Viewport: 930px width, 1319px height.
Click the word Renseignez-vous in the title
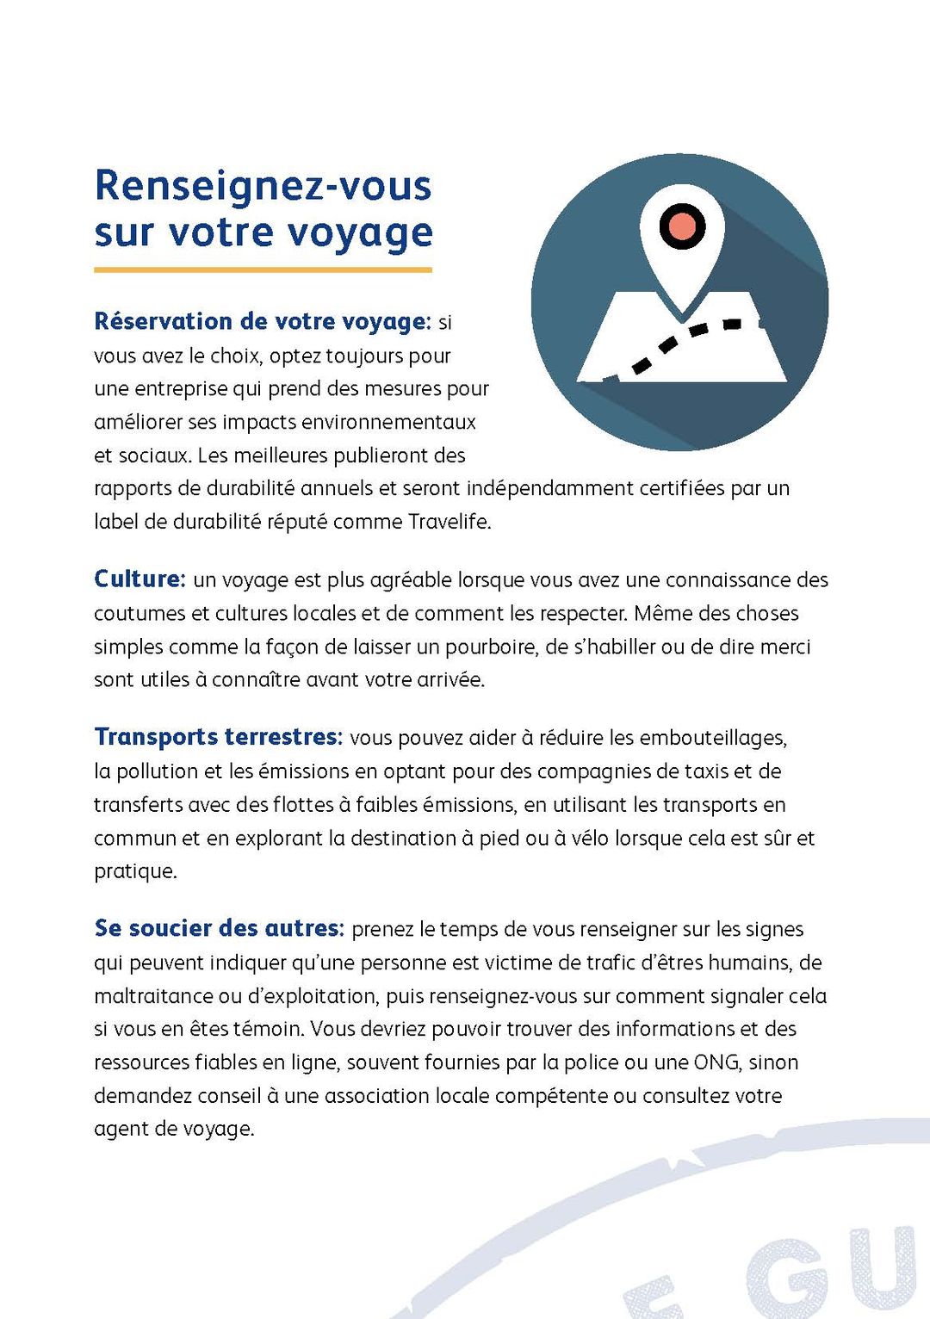(x=263, y=185)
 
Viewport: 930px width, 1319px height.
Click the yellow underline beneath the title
(x=263, y=269)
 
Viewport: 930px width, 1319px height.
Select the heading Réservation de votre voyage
(x=260, y=321)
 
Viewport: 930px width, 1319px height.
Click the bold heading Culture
(x=138, y=579)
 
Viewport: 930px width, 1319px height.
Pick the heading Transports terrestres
(x=218, y=737)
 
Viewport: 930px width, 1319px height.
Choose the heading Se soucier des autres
(x=218, y=928)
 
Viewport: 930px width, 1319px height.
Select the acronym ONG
(x=716, y=1062)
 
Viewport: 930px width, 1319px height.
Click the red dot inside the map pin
(x=682, y=226)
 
